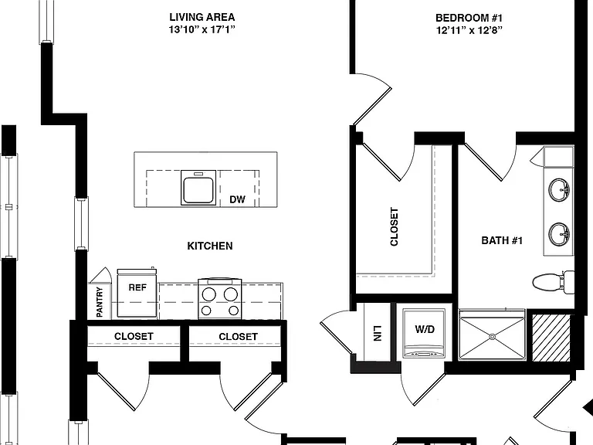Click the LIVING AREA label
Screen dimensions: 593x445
(202, 17)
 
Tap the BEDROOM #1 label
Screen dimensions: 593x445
(469, 18)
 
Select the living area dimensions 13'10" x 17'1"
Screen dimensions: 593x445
(202, 29)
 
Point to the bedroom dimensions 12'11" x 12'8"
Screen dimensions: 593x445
(469, 30)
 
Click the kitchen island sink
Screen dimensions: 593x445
(198, 188)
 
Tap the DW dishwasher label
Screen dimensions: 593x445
(238, 199)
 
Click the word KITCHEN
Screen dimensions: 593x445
(210, 246)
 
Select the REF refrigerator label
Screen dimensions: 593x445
(137, 287)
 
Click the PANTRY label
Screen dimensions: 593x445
(100, 301)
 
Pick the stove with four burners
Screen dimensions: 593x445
(220, 298)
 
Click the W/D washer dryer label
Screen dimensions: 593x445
(425, 329)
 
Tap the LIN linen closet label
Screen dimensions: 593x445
(377, 333)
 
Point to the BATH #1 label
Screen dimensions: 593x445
(502, 240)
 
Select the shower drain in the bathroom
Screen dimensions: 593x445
(492, 336)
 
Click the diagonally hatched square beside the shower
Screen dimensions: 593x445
(551, 338)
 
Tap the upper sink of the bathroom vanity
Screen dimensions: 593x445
(559, 190)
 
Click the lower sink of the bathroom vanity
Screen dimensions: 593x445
(559, 234)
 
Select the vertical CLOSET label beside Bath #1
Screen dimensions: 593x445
(394, 226)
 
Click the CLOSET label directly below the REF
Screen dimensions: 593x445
(134, 336)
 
